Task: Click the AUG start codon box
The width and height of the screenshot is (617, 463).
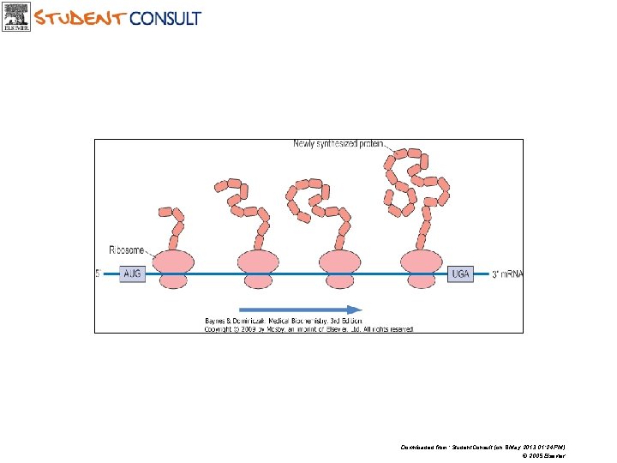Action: tap(133, 274)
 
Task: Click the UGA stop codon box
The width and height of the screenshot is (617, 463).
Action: tap(460, 274)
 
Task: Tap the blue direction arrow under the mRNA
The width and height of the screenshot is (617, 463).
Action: tap(299, 310)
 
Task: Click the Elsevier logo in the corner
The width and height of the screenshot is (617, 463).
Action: tap(16, 17)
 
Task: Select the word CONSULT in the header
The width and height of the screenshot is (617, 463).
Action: tap(165, 18)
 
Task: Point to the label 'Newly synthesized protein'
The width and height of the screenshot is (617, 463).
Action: tap(340, 144)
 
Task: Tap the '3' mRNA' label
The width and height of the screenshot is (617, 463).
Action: tap(506, 274)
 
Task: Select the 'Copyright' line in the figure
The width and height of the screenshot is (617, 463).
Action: tap(308, 328)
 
